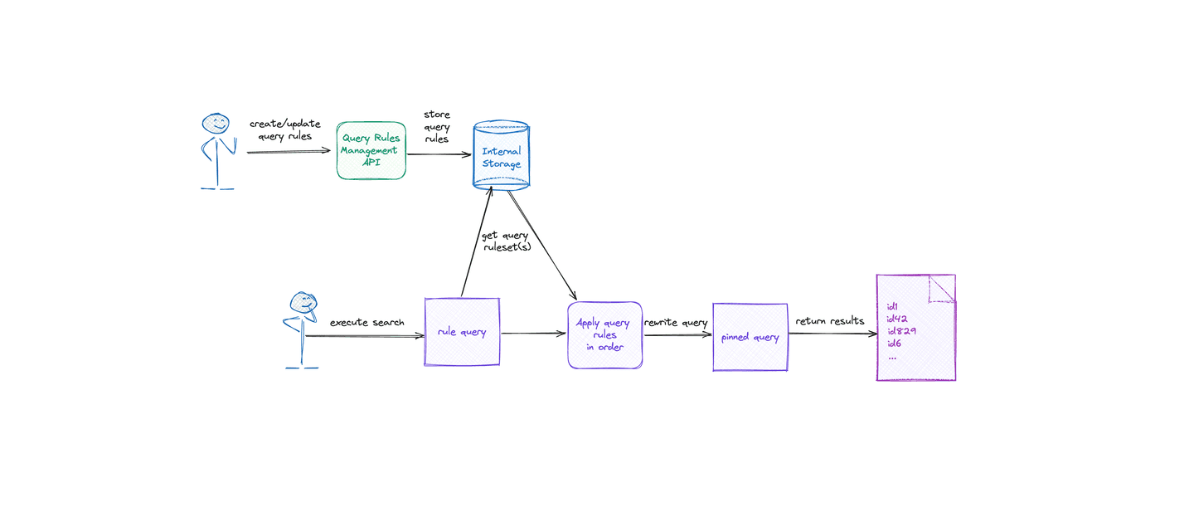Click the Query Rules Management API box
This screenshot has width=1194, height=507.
(371, 150)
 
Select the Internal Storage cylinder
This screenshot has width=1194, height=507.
(501, 157)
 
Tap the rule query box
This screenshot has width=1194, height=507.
(462, 332)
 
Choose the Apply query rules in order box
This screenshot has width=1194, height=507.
(604, 334)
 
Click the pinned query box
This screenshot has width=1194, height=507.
(750, 337)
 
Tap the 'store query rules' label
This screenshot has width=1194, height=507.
(436, 126)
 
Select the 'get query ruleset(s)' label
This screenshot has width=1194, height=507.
(505, 241)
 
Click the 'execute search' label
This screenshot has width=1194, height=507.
(366, 322)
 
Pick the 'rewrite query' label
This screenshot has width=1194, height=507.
(676, 322)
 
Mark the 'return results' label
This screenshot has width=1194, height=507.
(829, 321)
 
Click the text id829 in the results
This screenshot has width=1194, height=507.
(900, 331)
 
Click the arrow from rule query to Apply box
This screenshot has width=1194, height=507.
(533, 334)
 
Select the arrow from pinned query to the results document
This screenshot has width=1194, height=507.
(832, 334)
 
